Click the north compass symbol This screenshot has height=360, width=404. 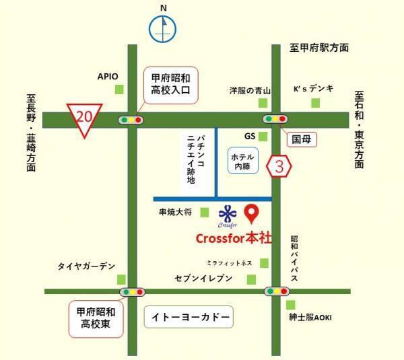(x=162, y=29)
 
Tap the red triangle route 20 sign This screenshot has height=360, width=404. (x=83, y=118)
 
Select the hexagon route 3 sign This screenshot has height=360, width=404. (x=279, y=166)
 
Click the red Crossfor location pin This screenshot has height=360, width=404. (x=251, y=214)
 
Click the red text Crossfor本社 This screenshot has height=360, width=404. (x=234, y=238)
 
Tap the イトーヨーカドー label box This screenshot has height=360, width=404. (x=189, y=316)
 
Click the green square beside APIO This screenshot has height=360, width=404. (x=120, y=89)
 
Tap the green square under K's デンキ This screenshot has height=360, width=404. (x=314, y=102)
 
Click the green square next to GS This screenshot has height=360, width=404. (x=263, y=137)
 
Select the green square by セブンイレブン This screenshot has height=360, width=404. (x=251, y=279)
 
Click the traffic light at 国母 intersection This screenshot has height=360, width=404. (x=277, y=120)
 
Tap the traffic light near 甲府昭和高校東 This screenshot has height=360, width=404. (x=132, y=292)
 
